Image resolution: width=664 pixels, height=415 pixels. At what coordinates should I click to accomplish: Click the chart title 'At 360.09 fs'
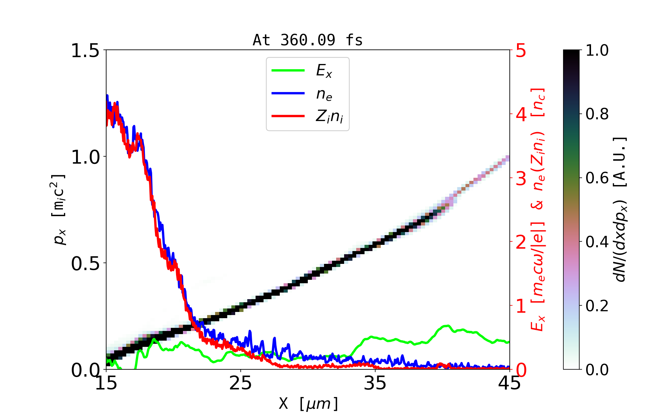307,40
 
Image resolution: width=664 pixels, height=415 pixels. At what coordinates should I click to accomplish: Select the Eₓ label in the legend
324,71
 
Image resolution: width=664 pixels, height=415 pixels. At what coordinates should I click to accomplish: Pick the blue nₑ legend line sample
288,93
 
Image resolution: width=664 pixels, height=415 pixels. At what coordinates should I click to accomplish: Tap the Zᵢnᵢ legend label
329,117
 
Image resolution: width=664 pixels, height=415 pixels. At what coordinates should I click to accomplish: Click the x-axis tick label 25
241,383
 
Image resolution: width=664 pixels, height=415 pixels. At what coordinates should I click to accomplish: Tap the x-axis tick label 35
375,383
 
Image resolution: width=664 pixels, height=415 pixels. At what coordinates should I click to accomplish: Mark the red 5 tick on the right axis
521,50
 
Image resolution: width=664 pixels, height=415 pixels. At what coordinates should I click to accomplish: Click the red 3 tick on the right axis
521,178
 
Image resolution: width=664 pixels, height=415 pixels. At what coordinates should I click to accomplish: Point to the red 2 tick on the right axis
521,242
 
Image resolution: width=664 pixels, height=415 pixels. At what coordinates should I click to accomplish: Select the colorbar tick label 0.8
597,114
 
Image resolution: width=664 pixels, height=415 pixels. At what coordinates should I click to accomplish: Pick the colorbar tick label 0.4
597,242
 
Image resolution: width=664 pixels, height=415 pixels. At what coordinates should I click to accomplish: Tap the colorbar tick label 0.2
597,306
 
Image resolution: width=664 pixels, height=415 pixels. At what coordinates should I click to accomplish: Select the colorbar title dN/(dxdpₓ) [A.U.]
620,210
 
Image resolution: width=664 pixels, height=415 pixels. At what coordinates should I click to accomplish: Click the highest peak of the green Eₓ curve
448,326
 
